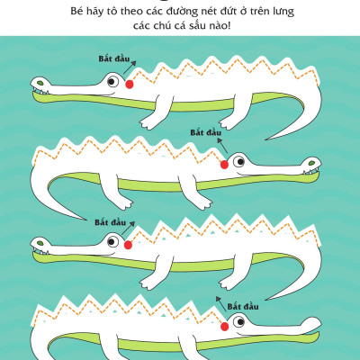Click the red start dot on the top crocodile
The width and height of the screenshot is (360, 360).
click(x=130, y=85)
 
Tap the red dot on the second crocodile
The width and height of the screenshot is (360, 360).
click(x=224, y=165)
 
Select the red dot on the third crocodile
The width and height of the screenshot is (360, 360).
click(x=128, y=245)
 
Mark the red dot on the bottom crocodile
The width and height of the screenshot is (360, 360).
click(x=224, y=327)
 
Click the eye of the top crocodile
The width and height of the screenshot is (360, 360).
click(x=112, y=81)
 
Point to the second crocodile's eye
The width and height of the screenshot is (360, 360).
click(x=239, y=162)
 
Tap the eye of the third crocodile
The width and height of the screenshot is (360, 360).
click(x=112, y=241)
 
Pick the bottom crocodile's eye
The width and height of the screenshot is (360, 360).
click(x=239, y=322)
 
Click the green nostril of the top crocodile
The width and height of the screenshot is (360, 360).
click(x=40, y=81)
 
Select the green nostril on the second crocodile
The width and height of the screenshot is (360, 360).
click(x=311, y=162)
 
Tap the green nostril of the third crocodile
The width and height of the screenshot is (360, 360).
click(x=40, y=242)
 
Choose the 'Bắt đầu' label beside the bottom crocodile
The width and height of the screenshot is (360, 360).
click(x=243, y=307)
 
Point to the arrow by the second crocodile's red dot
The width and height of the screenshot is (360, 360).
click(x=222, y=146)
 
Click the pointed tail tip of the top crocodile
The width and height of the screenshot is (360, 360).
click(x=265, y=139)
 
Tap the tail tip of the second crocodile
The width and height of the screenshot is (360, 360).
click(x=86, y=220)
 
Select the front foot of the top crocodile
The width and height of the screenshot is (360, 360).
click(x=149, y=121)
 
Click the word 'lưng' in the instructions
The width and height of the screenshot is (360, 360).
click(x=283, y=12)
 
